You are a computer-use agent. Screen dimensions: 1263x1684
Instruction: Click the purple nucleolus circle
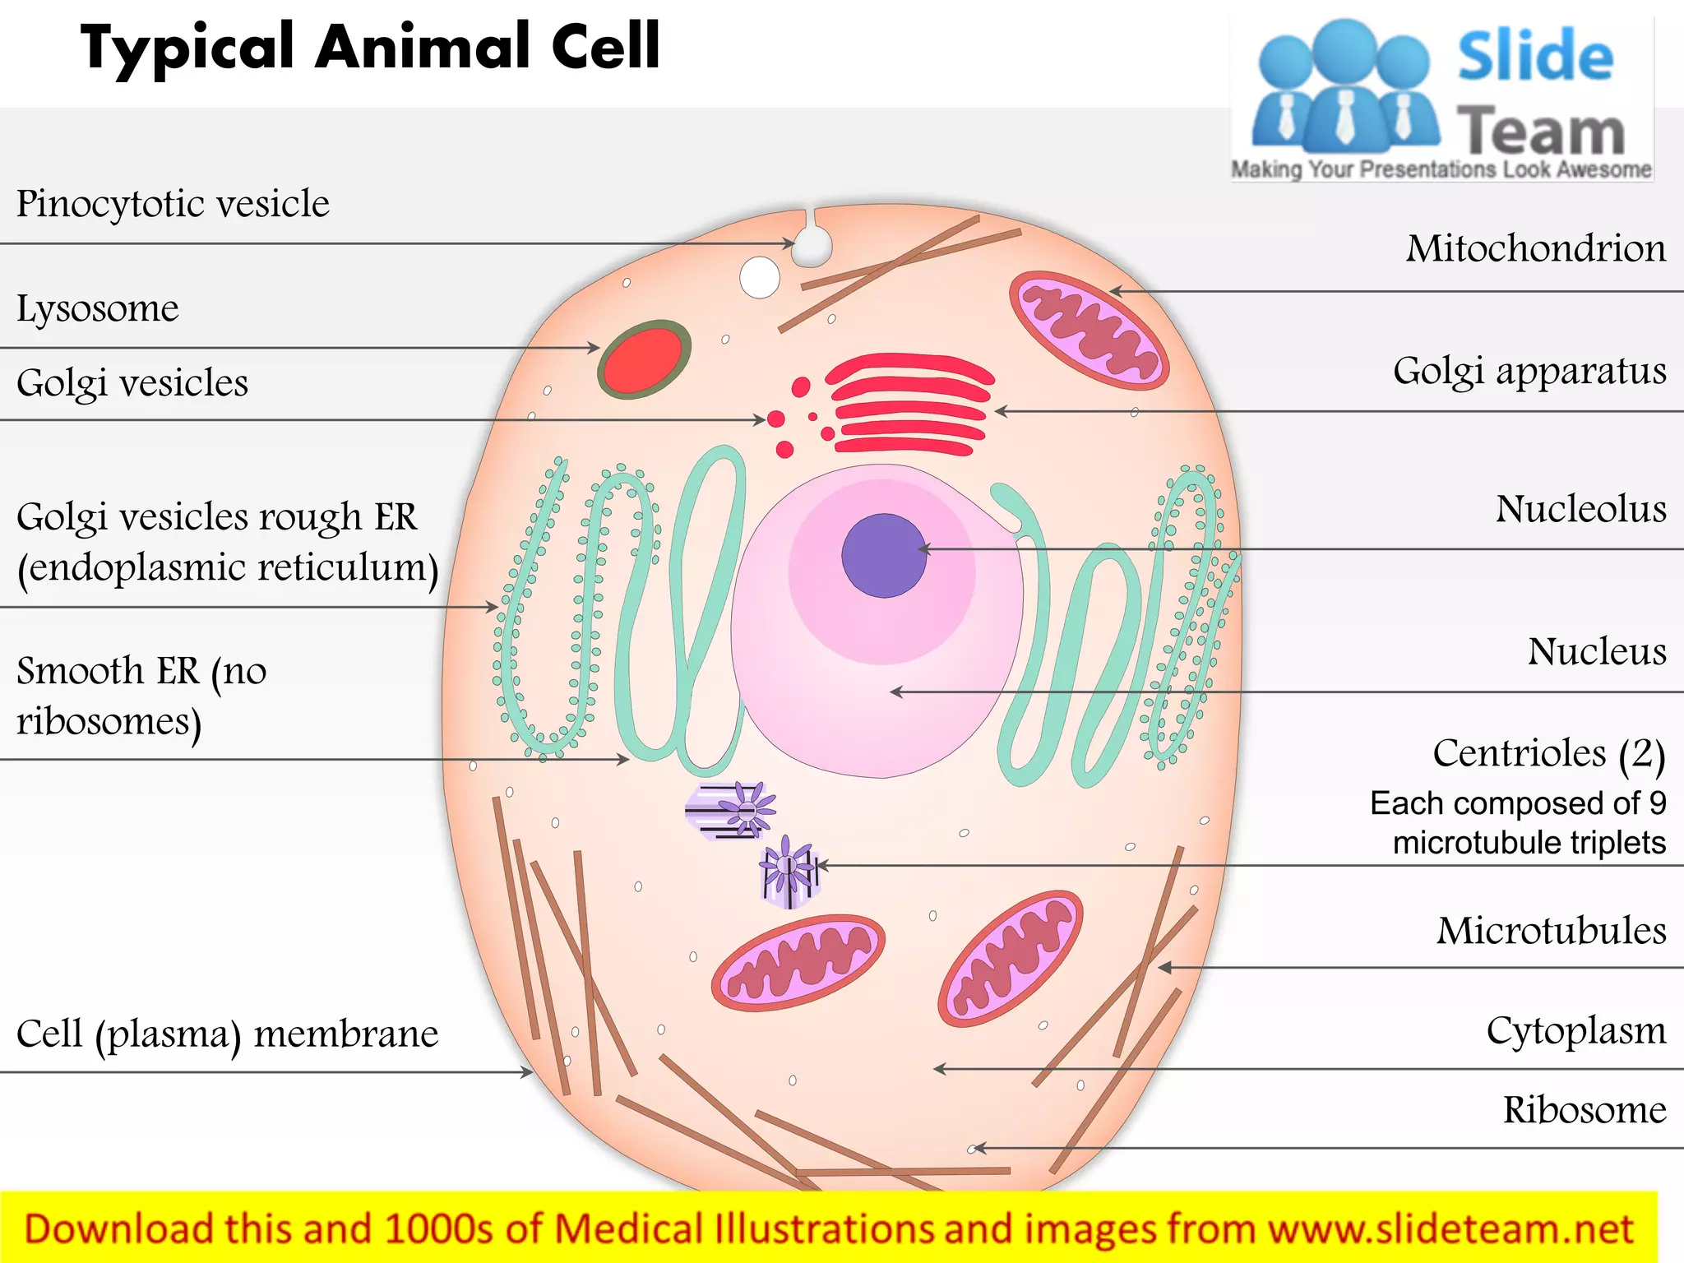884,555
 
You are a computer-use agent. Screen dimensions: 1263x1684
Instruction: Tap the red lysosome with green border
644,359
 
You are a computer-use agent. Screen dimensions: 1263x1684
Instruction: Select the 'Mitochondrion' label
1535,248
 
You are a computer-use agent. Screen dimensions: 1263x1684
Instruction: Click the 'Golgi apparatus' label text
1529,372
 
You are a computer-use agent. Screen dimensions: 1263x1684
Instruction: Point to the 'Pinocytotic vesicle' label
173,204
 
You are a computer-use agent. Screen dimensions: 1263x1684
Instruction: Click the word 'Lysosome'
97,309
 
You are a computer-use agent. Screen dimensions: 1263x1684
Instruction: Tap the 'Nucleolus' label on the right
1580,509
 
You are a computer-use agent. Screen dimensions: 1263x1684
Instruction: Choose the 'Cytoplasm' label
1575,1030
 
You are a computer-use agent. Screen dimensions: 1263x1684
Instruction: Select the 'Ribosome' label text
1584,1110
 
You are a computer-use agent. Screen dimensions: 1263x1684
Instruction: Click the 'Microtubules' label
1551,931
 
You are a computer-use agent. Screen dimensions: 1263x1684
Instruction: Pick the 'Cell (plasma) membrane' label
227,1034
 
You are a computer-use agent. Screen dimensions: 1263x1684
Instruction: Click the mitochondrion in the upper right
1089,330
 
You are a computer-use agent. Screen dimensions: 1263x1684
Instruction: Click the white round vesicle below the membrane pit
760,277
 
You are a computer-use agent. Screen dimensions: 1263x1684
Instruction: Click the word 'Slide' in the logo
1535,56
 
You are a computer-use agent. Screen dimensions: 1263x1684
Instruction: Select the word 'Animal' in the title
423,47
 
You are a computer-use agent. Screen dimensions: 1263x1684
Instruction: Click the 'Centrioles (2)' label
1548,754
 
